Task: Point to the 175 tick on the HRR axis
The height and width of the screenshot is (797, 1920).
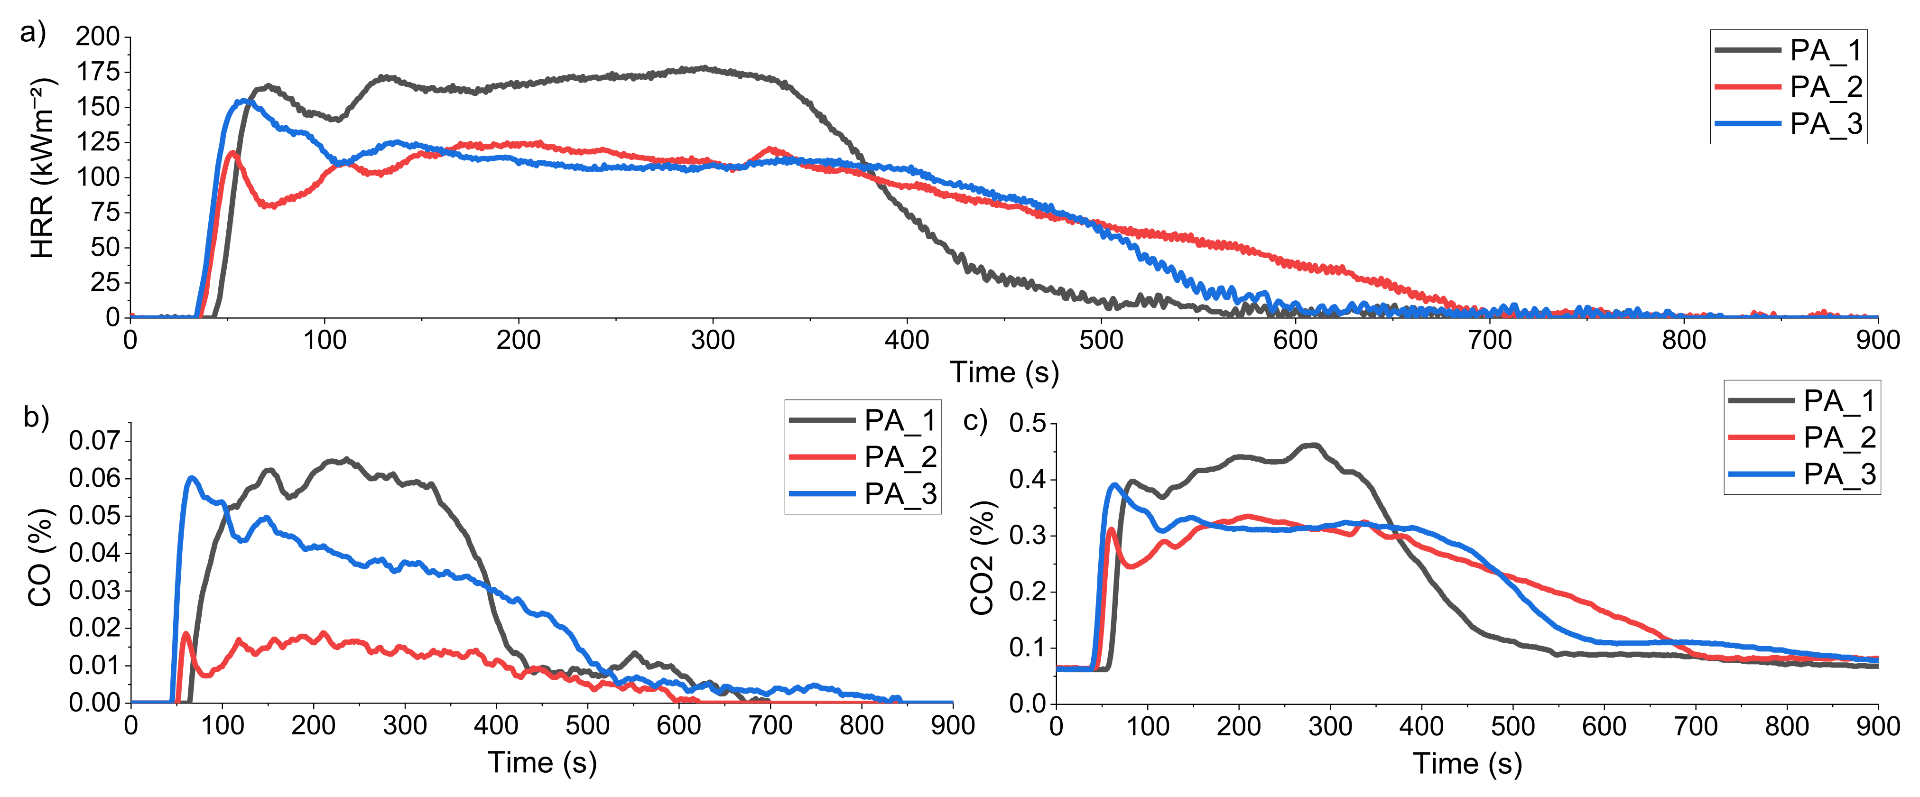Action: [98, 72]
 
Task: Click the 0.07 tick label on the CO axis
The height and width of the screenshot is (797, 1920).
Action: [94, 441]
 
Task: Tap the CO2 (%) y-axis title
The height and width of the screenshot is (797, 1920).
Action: [983, 558]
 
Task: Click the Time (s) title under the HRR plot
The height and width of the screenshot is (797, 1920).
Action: [1004, 372]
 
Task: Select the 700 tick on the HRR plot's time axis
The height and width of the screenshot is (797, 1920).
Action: [1489, 341]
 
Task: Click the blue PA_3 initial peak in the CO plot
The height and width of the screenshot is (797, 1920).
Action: [192, 477]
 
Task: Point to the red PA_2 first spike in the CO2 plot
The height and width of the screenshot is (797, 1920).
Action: [1111, 529]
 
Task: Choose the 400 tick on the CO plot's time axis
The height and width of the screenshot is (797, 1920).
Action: [496, 725]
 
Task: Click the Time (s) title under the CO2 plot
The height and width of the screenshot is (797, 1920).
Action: [1467, 763]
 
